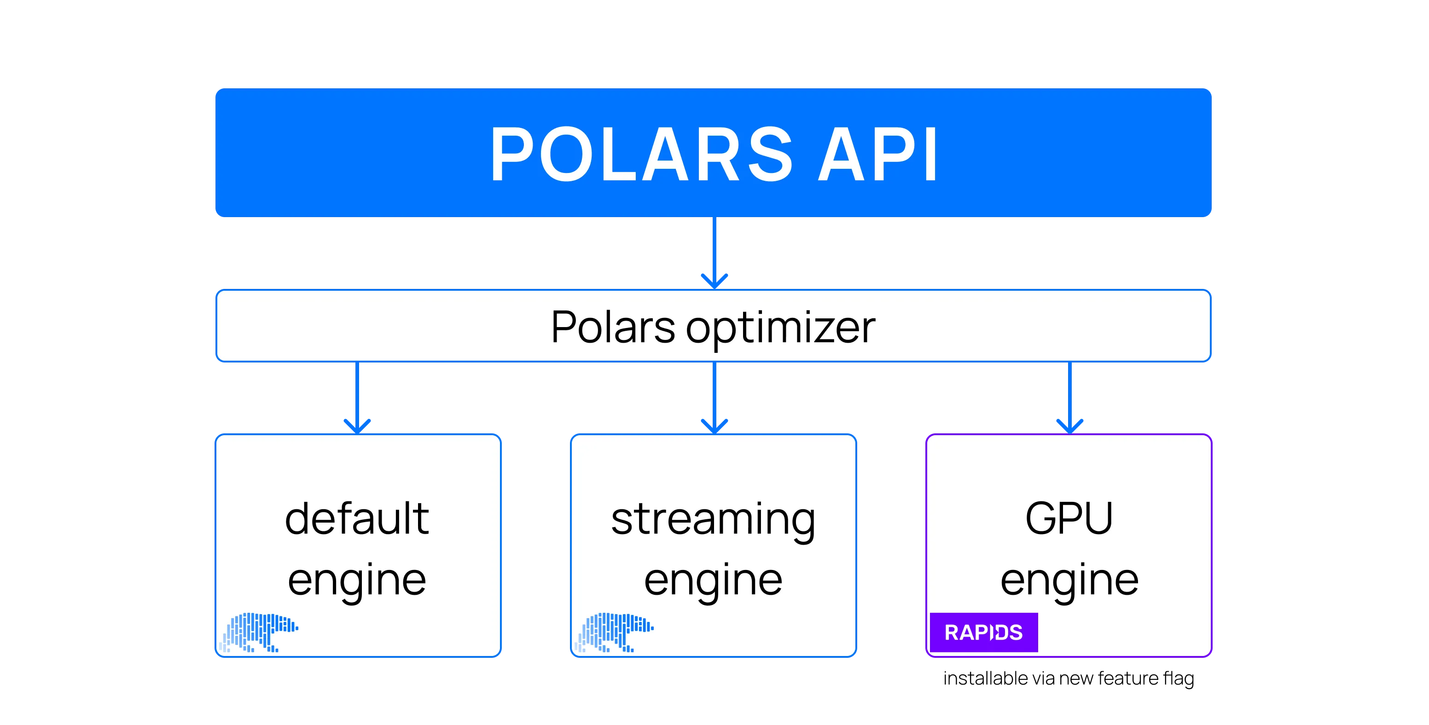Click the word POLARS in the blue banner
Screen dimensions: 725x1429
pos(641,154)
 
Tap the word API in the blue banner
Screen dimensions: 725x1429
pos(877,154)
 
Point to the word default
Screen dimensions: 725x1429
pos(357,518)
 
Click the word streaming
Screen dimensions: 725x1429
pos(713,520)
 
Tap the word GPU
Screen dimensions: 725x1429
pos(1069,518)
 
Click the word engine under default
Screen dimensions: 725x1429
pos(357,581)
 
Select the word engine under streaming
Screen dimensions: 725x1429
pos(713,581)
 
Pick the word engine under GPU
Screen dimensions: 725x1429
pos(1069,581)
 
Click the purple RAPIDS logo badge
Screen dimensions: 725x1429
pos(983,633)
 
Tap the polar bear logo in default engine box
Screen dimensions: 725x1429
pos(259,633)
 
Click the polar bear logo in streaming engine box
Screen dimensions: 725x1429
pos(615,633)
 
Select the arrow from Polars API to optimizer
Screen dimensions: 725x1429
pos(714,252)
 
